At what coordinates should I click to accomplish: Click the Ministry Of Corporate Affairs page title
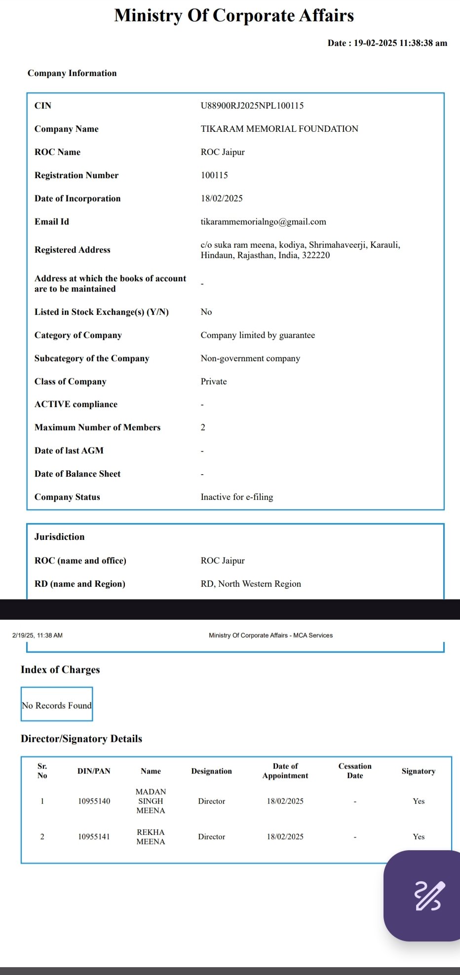234,16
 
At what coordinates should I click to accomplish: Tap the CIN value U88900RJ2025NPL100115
252,106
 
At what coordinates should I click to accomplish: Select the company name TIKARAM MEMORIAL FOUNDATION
279,129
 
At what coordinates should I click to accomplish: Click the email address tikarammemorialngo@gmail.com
263,222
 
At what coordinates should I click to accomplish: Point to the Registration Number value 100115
214,175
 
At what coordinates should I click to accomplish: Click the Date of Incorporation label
77,198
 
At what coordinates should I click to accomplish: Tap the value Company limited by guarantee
258,335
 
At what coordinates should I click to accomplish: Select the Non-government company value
250,358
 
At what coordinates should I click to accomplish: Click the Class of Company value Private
214,381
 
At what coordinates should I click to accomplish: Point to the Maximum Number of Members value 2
203,427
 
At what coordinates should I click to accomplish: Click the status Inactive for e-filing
237,497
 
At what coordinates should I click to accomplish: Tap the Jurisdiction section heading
59,537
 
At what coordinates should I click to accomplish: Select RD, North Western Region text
251,584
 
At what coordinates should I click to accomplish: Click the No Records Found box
57,705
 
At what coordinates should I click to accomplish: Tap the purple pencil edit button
427,895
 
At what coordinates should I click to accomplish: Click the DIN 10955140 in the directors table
94,801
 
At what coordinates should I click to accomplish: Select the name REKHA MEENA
151,837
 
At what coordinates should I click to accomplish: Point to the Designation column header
211,771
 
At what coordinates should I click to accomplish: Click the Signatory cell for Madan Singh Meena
419,801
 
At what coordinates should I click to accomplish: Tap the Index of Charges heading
60,670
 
